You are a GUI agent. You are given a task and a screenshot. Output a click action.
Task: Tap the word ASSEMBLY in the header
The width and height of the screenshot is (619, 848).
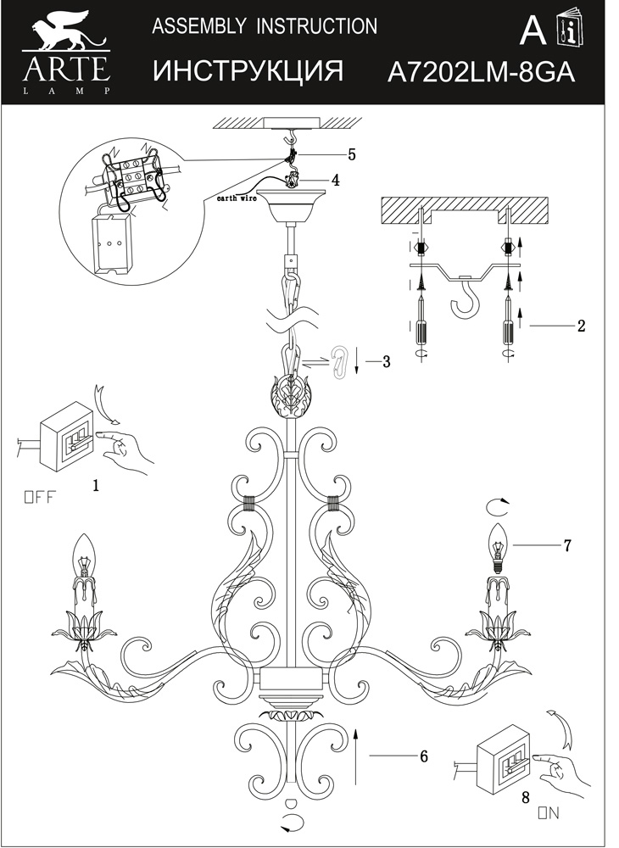[194, 27]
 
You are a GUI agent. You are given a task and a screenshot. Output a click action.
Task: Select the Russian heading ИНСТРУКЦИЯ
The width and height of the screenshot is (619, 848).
[248, 72]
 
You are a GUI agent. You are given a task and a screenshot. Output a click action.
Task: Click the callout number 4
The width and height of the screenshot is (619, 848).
[336, 181]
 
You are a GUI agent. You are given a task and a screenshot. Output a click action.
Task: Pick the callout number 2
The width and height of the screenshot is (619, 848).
[581, 326]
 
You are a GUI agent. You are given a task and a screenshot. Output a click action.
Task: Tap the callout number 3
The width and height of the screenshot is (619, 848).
[386, 362]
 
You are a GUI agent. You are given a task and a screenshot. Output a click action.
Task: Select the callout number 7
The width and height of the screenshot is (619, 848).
[567, 545]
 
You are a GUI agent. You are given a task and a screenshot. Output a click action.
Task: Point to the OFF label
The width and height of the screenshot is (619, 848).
[38, 498]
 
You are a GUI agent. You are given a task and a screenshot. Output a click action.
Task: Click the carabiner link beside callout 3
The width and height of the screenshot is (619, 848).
[339, 363]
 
